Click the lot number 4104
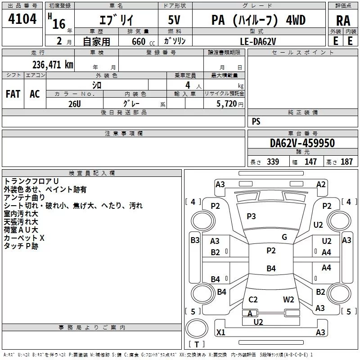(x=22, y=19)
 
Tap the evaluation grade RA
(x=343, y=20)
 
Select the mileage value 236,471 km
(x=53, y=65)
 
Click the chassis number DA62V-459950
(x=302, y=144)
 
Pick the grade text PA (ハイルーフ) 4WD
(x=258, y=20)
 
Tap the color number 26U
(x=74, y=103)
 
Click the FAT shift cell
(x=13, y=94)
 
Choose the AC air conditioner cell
(x=35, y=94)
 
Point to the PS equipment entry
(x=256, y=121)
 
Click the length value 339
(x=273, y=162)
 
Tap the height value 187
(x=346, y=162)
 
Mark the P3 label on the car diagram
(x=251, y=216)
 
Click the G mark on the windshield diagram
(x=284, y=237)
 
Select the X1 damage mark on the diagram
(x=220, y=333)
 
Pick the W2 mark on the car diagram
(x=288, y=300)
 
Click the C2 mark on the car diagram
(x=253, y=300)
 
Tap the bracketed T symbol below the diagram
(x=197, y=345)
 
